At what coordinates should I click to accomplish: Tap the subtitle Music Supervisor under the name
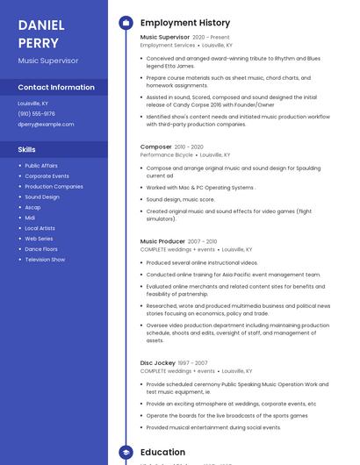47,61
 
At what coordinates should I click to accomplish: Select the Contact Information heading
56,87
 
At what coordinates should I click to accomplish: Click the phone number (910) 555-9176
36,113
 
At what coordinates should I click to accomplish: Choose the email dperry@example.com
46,124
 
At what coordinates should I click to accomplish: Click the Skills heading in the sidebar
27,149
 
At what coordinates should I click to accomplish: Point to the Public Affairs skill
41,165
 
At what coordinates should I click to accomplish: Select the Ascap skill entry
32,207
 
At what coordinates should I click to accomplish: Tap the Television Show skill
45,260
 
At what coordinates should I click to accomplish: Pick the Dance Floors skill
41,249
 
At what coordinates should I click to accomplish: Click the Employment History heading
185,23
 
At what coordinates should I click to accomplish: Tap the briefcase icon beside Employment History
126,23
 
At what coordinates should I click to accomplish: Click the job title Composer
156,147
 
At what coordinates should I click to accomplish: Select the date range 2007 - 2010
202,241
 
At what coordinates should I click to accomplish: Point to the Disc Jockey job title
158,362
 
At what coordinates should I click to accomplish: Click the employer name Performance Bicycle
167,155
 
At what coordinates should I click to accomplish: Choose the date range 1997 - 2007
193,362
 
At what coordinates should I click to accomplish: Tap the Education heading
162,453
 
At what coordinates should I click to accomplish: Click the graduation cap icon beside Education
126,453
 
